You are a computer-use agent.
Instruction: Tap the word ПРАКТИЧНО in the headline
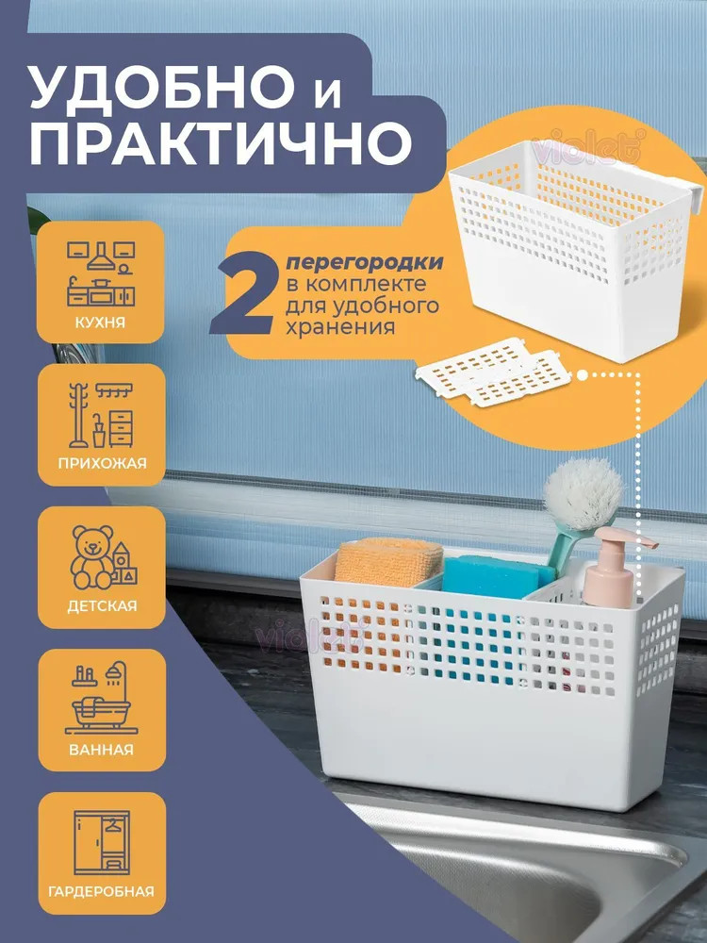(222, 142)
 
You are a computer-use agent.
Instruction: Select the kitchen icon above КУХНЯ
(101, 273)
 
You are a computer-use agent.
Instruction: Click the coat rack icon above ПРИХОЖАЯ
(101, 416)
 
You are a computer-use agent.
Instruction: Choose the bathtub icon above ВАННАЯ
(101, 699)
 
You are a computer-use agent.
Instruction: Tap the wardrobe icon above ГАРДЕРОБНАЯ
(102, 841)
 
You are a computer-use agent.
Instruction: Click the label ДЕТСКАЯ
(102, 605)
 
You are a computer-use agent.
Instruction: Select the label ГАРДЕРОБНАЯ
(101, 891)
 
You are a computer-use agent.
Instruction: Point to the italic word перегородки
(364, 263)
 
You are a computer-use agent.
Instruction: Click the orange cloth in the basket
(387, 562)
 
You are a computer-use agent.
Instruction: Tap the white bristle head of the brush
(583, 494)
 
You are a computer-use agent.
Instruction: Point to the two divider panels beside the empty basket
(493, 372)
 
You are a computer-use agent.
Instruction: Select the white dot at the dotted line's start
(582, 374)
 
